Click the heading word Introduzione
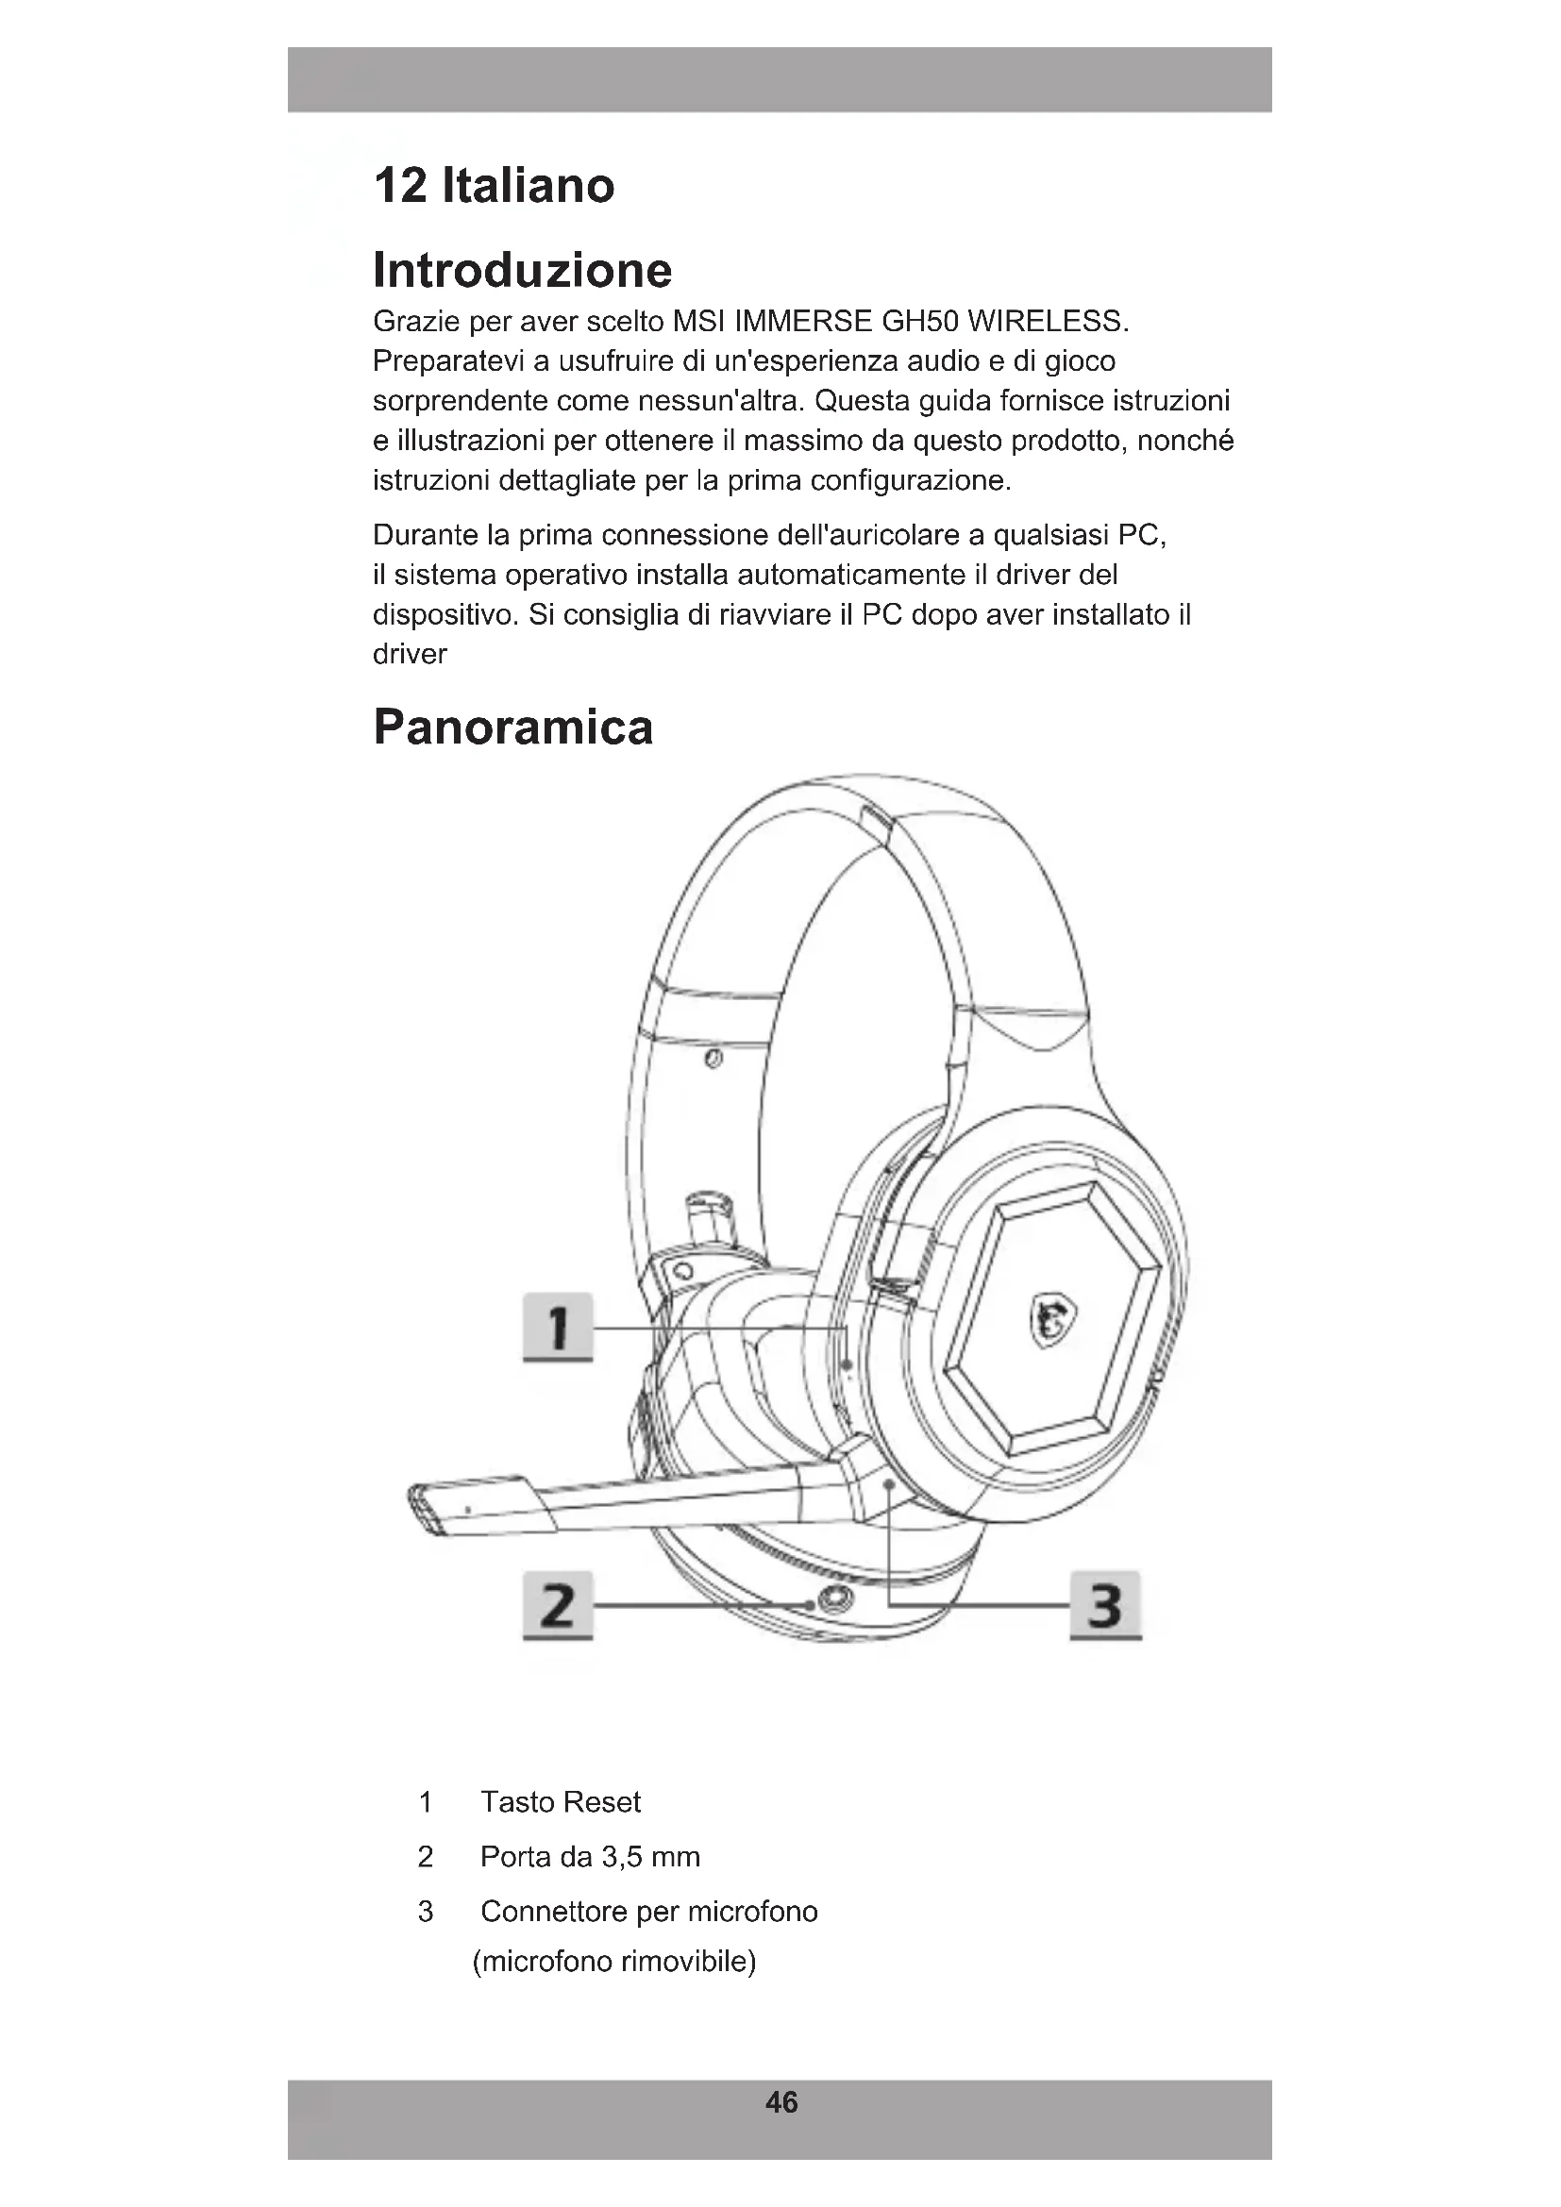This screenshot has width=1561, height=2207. [522, 270]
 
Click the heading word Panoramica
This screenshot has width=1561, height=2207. [512, 727]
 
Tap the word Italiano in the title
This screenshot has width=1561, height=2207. [528, 185]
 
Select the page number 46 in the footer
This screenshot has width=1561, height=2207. [781, 2102]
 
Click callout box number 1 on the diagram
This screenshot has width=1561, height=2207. [558, 1327]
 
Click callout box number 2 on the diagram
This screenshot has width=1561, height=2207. [558, 1604]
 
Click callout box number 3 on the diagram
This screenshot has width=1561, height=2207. [1105, 1604]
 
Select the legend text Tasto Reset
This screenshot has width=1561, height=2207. [561, 1801]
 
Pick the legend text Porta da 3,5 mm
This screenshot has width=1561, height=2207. [589, 1856]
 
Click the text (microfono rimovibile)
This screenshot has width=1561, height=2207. [614, 1961]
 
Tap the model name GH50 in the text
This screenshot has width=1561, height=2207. [915, 321]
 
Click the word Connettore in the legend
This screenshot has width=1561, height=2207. [553, 1911]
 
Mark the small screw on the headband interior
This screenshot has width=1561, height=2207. [713, 1060]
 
